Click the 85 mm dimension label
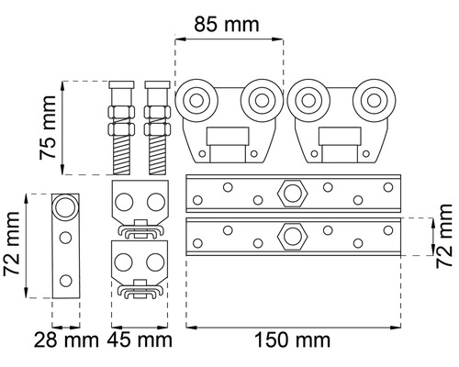[227, 25]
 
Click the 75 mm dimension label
[48, 128]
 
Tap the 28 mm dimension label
[66, 340]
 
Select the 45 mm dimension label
[140, 340]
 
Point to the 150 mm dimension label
[292, 340]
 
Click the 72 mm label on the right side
[444, 236]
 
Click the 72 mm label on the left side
[12, 244]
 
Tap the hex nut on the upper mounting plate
[293, 194]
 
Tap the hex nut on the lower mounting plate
[293, 237]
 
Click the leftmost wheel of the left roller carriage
[196, 101]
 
